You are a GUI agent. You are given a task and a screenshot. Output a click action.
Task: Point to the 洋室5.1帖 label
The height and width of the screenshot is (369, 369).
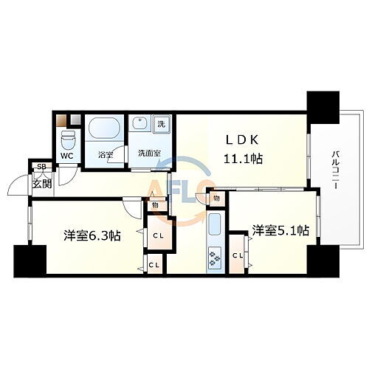click(x=279, y=229)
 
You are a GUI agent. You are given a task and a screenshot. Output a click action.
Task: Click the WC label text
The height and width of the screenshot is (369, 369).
click(x=66, y=156)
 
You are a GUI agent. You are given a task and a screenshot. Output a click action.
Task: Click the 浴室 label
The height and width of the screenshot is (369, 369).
click(x=104, y=155)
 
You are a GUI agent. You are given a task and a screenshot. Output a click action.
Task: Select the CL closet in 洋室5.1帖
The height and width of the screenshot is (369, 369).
click(x=238, y=255)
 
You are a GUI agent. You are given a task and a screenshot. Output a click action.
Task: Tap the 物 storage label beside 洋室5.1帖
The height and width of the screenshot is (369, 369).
click(x=217, y=199)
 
